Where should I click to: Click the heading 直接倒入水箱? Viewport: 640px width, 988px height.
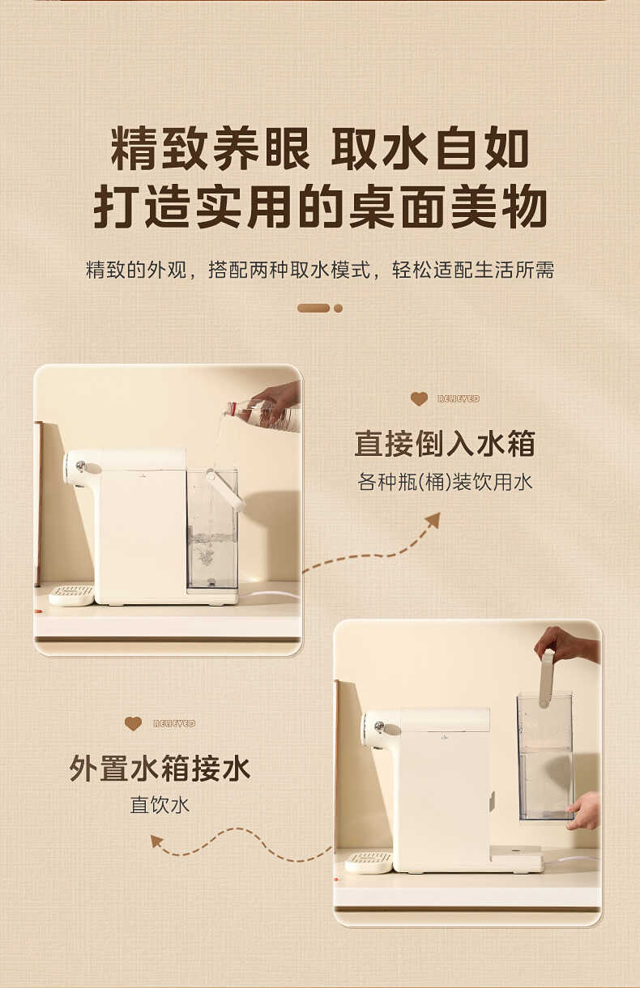(x=445, y=445)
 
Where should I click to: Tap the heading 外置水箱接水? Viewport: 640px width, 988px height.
(x=160, y=769)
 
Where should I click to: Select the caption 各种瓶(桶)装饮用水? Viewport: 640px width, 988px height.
(x=445, y=483)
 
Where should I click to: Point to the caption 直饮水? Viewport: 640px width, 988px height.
(x=160, y=806)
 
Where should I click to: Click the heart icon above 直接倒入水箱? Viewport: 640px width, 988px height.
(x=419, y=398)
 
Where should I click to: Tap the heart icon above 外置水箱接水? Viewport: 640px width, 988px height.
(x=133, y=723)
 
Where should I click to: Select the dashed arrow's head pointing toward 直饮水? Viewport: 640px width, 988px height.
(x=157, y=841)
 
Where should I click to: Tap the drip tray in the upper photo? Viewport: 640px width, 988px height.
(x=71, y=594)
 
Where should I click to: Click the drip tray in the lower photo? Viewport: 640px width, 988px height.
(x=369, y=862)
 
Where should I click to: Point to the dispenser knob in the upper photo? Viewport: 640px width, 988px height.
(x=79, y=466)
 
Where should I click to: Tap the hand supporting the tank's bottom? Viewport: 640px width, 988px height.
(x=585, y=811)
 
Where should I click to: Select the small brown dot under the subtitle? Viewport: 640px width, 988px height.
(x=338, y=309)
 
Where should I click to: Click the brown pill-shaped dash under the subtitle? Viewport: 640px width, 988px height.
(x=314, y=309)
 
